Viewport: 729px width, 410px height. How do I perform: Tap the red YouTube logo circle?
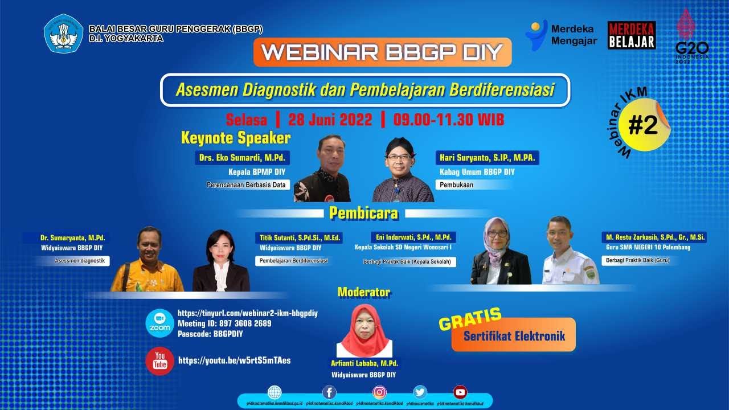(159, 361)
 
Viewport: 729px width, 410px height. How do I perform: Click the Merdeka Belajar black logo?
(631, 35)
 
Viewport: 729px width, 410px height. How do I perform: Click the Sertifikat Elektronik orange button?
(514, 335)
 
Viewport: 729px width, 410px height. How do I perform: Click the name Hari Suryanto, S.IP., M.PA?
(488, 157)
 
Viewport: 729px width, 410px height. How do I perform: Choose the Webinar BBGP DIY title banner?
(382, 52)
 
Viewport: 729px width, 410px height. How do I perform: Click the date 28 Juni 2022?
(330, 120)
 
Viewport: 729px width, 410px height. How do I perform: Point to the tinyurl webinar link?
(247, 313)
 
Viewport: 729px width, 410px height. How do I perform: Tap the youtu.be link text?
(234, 360)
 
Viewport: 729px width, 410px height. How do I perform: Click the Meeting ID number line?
(224, 323)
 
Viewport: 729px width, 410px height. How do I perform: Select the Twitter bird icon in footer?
(420, 392)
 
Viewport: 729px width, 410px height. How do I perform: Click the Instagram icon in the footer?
(379, 392)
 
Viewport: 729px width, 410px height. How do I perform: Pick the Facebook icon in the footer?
(329, 392)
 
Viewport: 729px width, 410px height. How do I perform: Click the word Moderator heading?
(363, 293)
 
